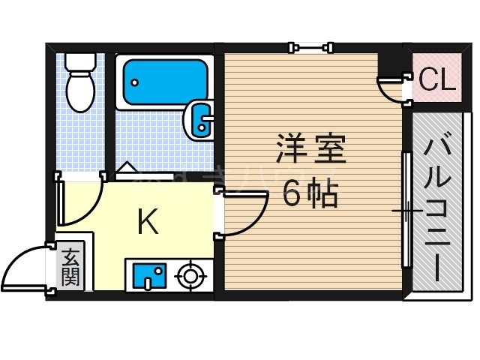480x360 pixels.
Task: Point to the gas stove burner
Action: click(x=191, y=276)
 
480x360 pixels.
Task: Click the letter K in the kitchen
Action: click(x=148, y=223)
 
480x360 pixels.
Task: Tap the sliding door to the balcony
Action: click(x=406, y=210)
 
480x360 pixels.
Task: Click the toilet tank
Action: click(x=79, y=60)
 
